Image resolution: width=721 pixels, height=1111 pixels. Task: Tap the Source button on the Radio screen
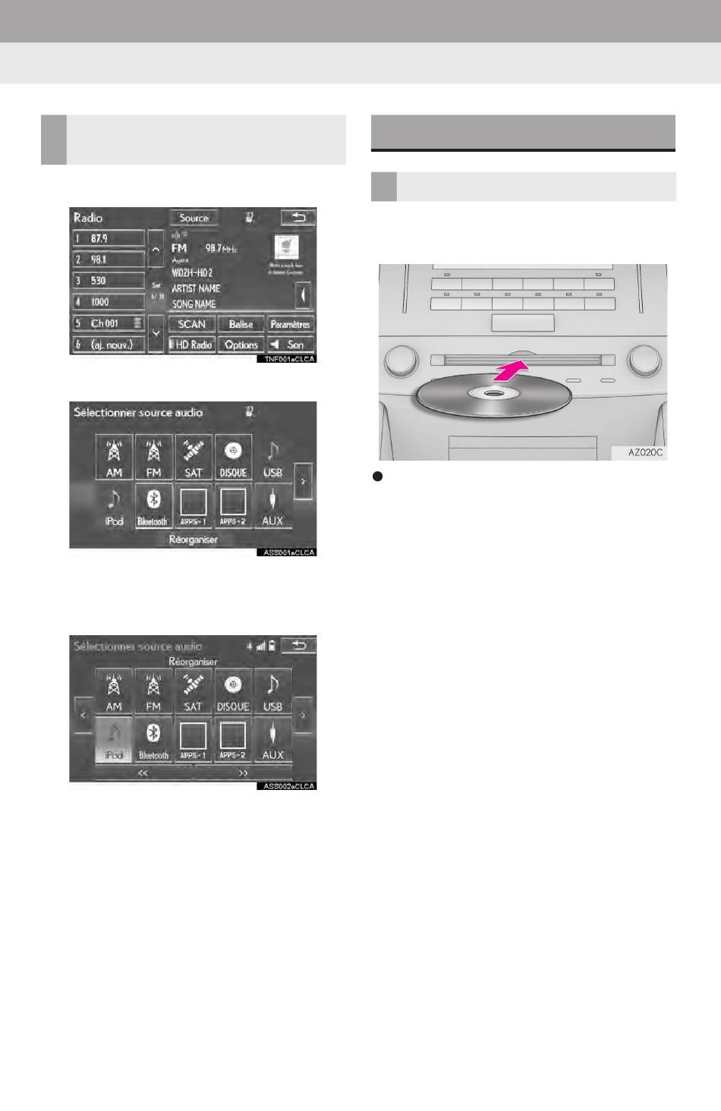[x=194, y=218]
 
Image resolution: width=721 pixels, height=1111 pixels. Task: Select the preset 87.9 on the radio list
[x=109, y=238]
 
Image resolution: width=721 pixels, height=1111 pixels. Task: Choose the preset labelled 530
[x=109, y=281]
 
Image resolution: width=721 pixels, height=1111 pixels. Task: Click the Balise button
[x=241, y=324]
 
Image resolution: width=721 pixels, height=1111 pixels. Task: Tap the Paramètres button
[x=290, y=324]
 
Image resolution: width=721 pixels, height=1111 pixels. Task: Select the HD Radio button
[x=193, y=345]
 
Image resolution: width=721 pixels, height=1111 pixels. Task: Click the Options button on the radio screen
[x=241, y=345]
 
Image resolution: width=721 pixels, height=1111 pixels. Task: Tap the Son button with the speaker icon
[x=290, y=345]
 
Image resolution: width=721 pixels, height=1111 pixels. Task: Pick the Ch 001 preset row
[x=109, y=323]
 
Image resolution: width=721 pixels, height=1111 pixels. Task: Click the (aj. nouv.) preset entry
[x=109, y=345]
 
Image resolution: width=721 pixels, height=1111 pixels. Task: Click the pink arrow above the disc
[x=509, y=372]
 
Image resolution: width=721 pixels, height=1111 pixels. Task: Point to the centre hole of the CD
[x=493, y=393]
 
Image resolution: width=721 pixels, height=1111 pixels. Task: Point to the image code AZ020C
[x=645, y=452]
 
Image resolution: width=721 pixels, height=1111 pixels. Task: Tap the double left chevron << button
[x=143, y=773]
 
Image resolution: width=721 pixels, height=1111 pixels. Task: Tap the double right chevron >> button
[x=244, y=773]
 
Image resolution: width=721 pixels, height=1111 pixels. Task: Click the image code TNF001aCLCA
[x=285, y=359]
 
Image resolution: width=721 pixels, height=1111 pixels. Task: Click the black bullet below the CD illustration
[x=376, y=477]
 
